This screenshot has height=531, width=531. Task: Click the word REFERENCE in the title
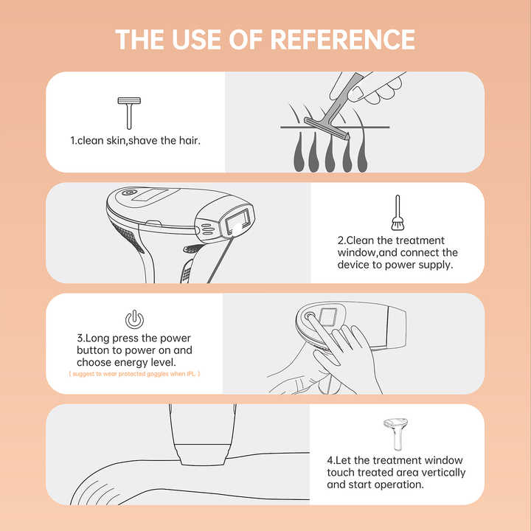(x=343, y=39)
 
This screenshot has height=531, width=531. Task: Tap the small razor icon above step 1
(x=129, y=113)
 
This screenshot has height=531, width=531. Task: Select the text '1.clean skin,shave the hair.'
(x=136, y=141)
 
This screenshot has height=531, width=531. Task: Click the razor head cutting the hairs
(x=327, y=128)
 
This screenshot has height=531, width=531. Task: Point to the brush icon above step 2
(x=398, y=212)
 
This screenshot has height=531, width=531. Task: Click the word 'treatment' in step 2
(x=420, y=240)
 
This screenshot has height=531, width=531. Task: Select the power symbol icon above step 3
(x=134, y=319)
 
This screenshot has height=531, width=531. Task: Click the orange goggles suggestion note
(x=134, y=374)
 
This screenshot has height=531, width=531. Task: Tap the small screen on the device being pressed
(x=327, y=317)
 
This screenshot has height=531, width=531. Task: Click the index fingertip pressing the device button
(x=309, y=316)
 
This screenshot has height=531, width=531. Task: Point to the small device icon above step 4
(x=395, y=434)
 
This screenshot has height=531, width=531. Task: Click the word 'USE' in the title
(x=196, y=39)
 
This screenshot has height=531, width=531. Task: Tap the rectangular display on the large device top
(x=150, y=195)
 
